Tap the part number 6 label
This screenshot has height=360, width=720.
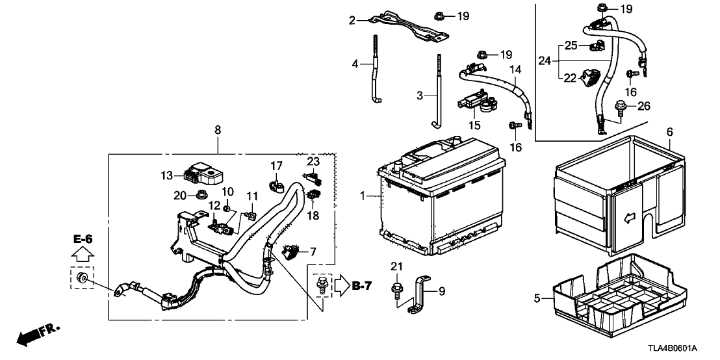click(x=670, y=132)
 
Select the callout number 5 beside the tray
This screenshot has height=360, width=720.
click(x=537, y=299)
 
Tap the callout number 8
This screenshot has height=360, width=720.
click(x=218, y=131)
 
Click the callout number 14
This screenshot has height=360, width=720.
click(x=515, y=70)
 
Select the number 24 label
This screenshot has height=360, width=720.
click(x=545, y=60)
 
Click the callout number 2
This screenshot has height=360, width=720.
click(x=352, y=21)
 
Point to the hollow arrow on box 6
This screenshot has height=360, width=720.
click(x=630, y=218)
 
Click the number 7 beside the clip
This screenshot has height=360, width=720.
click(x=313, y=251)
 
